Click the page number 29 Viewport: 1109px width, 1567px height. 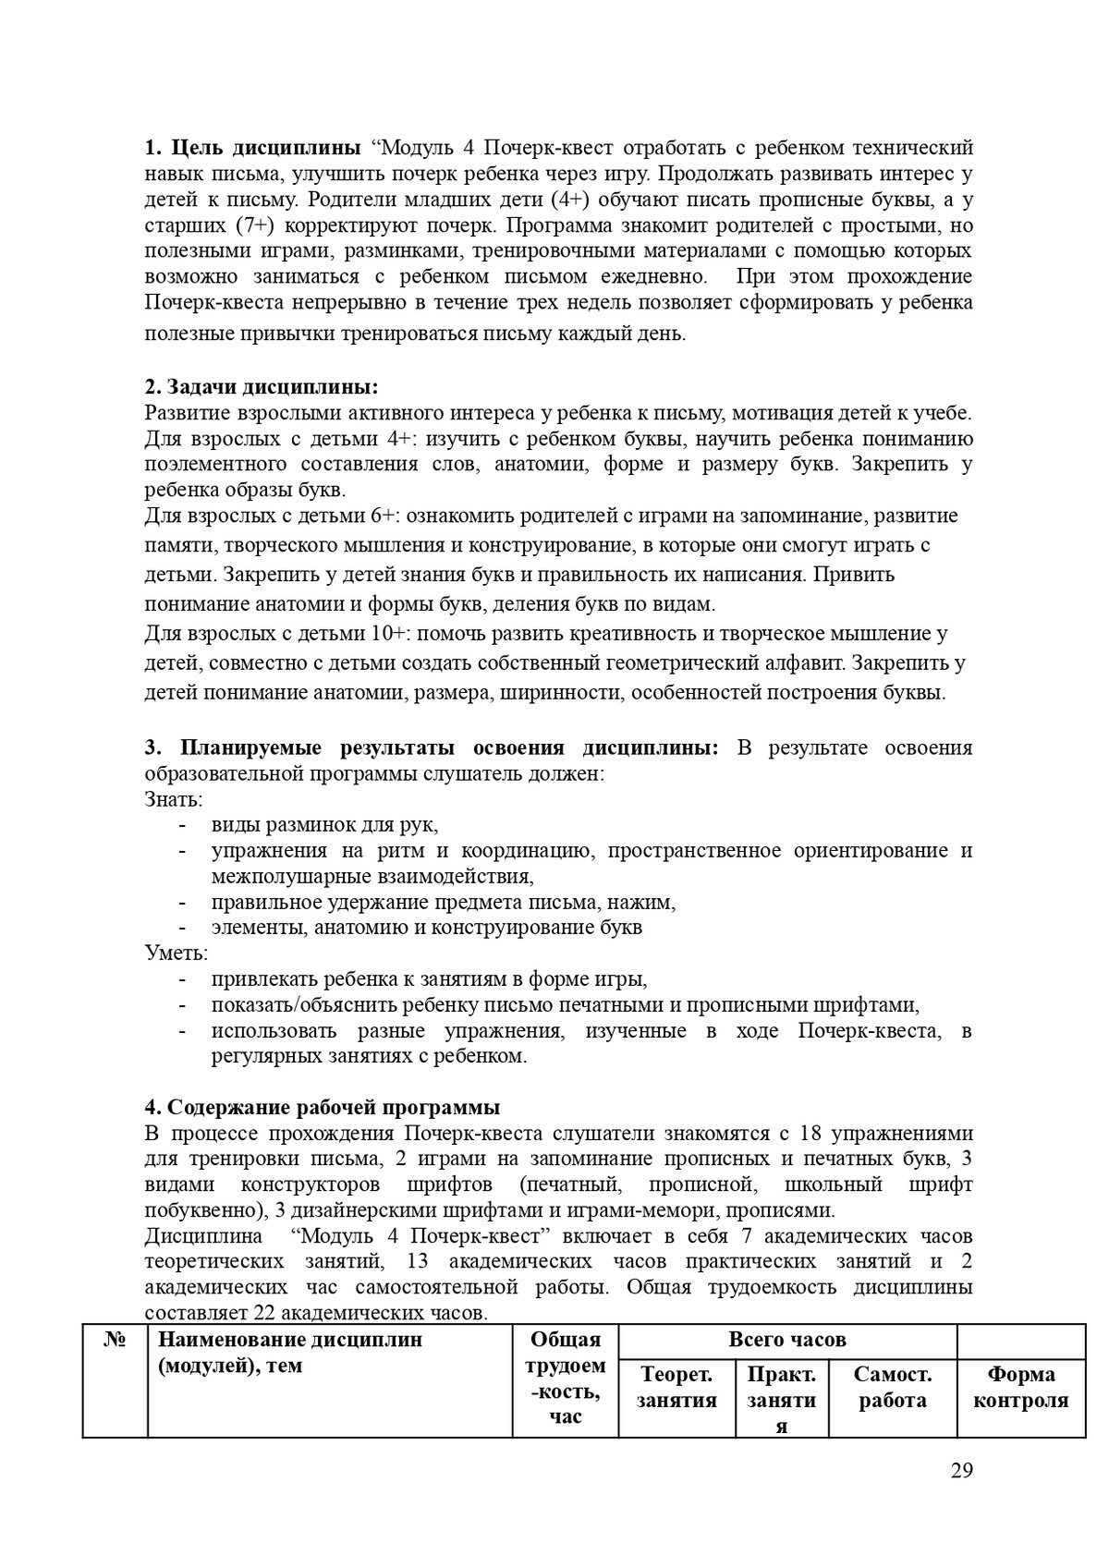coord(961,1471)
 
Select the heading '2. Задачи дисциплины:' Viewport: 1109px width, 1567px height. coord(262,386)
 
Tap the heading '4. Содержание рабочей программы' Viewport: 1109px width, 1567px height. coord(323,1108)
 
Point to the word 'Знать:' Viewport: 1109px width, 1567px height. coord(174,799)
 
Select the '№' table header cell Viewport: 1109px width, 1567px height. coord(115,1340)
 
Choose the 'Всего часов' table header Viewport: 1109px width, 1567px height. coord(786,1340)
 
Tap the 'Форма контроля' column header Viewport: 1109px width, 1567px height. coord(1020,1387)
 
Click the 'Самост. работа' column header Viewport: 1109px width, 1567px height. coord(892,1387)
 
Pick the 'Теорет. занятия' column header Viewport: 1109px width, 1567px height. coord(676,1387)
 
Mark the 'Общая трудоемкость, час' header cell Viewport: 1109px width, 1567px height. coord(565,1378)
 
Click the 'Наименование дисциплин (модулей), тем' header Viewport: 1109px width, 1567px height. coord(290,1352)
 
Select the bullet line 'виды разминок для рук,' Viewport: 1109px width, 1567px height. coord(324,825)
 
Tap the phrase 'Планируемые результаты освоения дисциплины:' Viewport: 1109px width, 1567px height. coord(449,747)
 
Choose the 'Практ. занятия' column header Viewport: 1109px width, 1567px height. coord(781,1399)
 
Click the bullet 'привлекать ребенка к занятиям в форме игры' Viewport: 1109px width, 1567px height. coord(429,979)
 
